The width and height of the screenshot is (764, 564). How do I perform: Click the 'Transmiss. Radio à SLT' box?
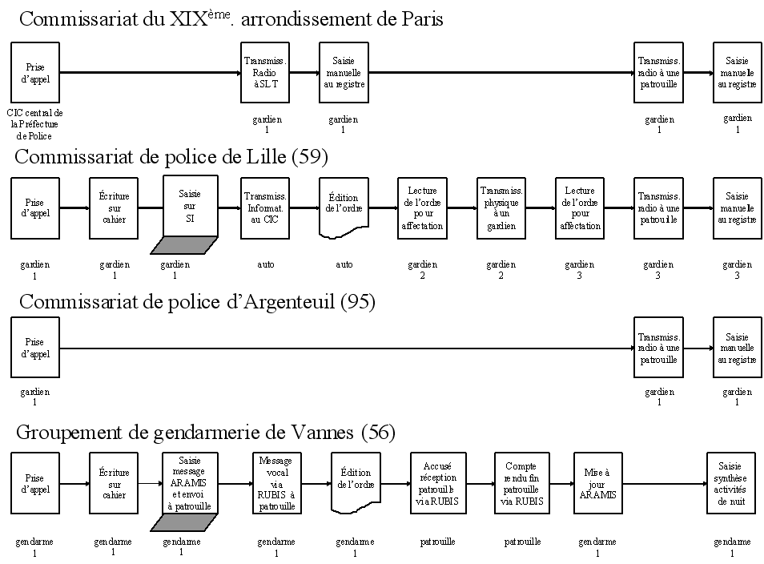(265, 72)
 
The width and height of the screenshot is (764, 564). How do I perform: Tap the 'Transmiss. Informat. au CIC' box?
(265, 207)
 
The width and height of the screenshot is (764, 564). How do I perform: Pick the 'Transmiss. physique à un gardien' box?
(501, 207)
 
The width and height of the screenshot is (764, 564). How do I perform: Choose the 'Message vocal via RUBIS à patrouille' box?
(276, 483)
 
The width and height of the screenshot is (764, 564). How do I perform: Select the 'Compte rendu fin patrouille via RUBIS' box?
(521, 483)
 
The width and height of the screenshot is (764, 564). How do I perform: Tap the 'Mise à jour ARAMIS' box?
(597, 483)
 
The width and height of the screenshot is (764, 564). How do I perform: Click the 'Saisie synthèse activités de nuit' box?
(730, 483)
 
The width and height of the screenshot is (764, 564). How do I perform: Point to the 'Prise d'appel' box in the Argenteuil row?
(34, 347)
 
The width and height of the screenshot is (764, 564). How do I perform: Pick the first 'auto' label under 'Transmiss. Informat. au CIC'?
(266, 264)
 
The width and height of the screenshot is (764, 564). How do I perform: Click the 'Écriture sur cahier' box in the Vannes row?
(114, 483)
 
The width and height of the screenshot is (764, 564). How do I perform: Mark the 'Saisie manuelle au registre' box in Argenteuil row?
(737, 347)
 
